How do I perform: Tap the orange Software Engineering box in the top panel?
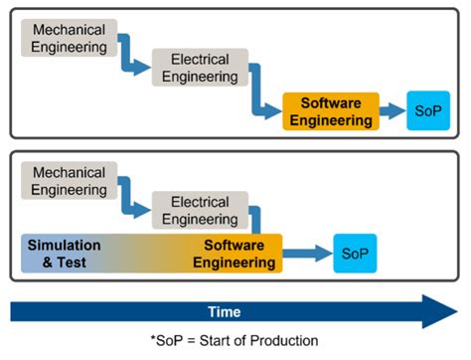330,111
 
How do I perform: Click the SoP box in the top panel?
432,111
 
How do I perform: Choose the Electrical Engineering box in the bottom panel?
199,209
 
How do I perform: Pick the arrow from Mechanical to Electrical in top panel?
133,60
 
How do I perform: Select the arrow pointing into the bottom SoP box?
308,253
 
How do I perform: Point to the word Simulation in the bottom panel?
64,245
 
